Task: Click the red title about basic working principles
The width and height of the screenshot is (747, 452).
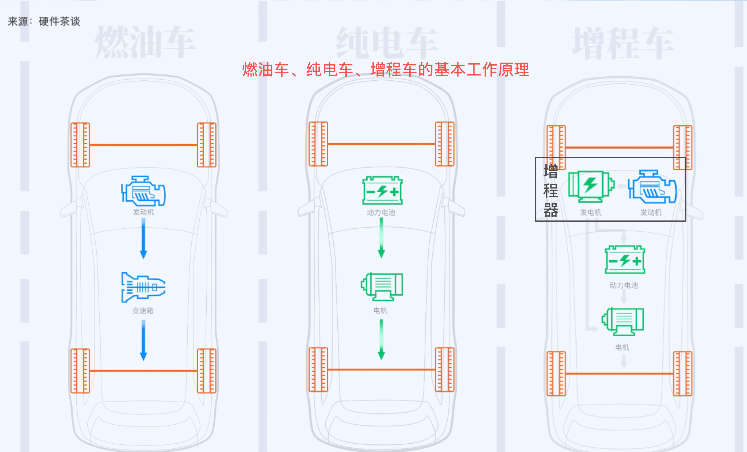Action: point(386,70)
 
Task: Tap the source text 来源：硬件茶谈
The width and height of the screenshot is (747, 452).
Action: point(44,21)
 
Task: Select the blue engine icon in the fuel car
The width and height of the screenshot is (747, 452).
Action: point(143,191)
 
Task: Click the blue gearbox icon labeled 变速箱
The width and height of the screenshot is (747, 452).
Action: point(143,287)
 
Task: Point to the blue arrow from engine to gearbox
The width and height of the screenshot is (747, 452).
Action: point(143,238)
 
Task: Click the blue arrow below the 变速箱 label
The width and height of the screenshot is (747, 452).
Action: point(143,340)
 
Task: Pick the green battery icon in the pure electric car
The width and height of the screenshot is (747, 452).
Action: point(382,190)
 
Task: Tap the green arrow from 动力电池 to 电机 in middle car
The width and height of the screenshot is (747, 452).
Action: point(381,238)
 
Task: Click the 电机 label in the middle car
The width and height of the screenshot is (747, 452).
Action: point(381,311)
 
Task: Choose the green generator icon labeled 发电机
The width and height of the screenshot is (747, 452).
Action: point(591,186)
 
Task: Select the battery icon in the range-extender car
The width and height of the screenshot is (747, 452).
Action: point(625,260)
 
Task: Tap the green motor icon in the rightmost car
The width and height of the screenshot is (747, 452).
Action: point(623,321)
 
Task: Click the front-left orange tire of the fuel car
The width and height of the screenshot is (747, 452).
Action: point(80,145)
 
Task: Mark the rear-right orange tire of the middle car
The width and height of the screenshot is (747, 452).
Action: point(445,370)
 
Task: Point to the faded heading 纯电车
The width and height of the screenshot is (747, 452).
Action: point(387,43)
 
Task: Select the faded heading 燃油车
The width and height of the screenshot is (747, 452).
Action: point(145,42)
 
